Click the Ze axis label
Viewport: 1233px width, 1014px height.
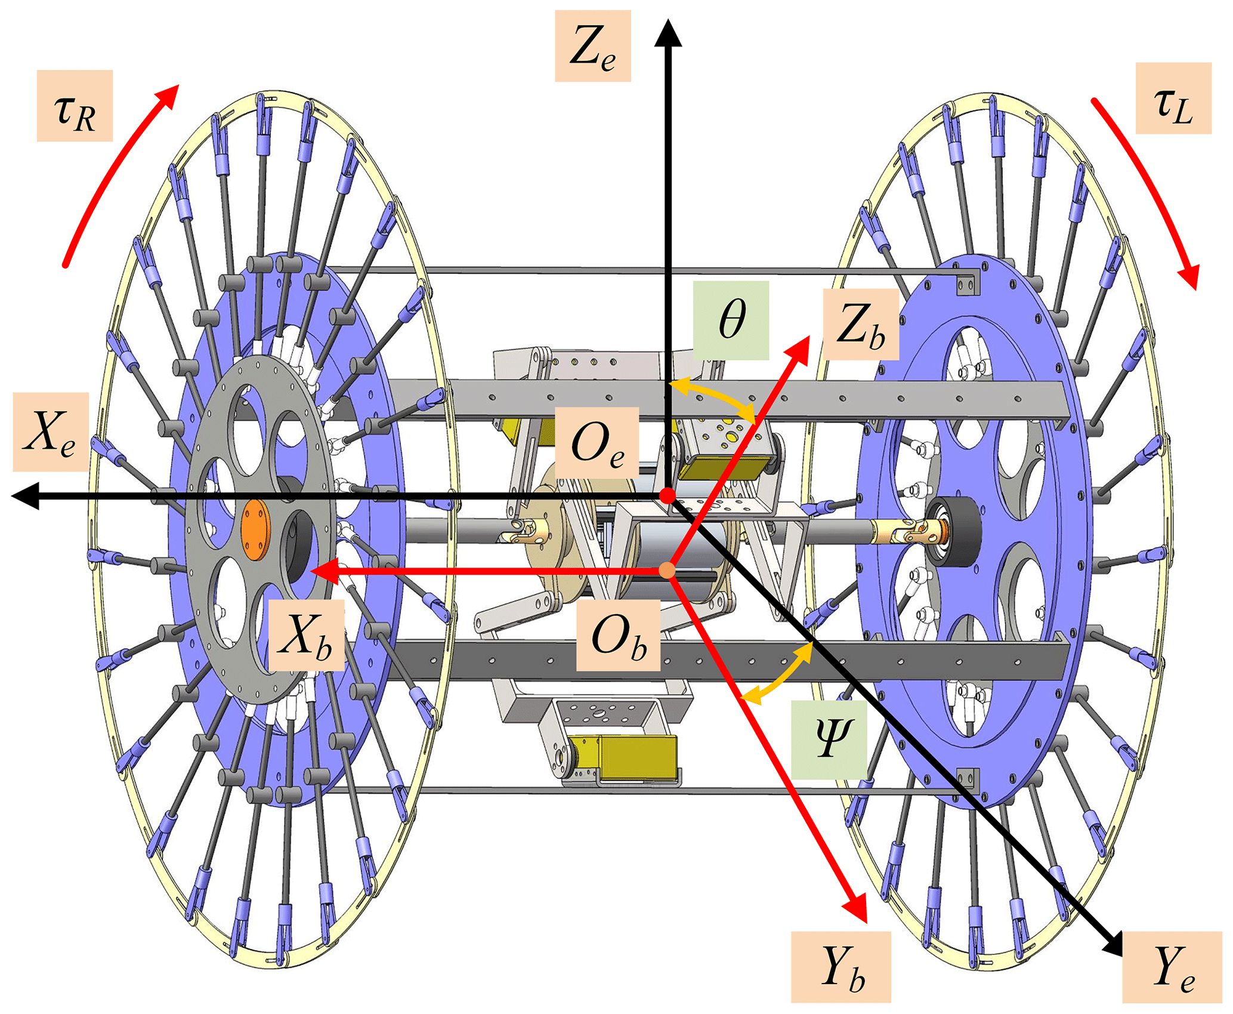[x=592, y=46]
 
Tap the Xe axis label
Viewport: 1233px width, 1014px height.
[x=51, y=432]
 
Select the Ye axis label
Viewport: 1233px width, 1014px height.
[x=1172, y=967]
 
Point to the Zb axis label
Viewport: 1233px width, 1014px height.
[x=860, y=324]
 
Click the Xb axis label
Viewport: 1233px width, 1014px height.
[x=306, y=634]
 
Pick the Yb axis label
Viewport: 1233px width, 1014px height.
[x=840, y=967]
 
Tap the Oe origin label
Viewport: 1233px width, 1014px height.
[x=597, y=443]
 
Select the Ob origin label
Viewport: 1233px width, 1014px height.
[x=618, y=635]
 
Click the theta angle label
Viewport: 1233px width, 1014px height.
[x=731, y=320]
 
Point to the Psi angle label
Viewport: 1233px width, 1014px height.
[x=829, y=739]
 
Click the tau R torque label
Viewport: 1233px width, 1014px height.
[x=75, y=106]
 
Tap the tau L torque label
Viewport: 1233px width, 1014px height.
[x=1173, y=98]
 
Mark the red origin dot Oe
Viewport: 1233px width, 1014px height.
[x=668, y=495]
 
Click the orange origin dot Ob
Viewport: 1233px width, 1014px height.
[x=668, y=571]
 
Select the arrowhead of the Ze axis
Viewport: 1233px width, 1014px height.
[x=668, y=33]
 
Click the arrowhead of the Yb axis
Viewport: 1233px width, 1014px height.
[x=857, y=909]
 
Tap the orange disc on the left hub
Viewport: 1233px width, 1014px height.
[x=255, y=530]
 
